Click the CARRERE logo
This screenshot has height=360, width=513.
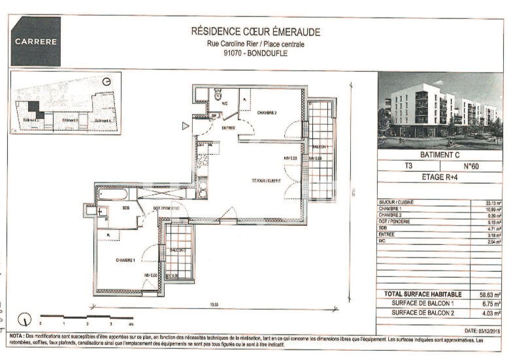(36, 41)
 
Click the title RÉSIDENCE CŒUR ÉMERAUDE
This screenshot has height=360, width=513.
(246, 31)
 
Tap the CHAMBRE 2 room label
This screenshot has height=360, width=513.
(266, 113)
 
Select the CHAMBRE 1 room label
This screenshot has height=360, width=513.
(125, 259)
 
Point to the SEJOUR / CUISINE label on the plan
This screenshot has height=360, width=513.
(267, 180)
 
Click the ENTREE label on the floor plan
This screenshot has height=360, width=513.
(228, 128)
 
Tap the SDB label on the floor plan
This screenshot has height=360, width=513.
(125, 208)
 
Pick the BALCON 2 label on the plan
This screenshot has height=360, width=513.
(178, 250)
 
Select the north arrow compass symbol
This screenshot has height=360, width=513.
(25, 320)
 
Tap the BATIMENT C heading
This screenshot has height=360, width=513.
(440, 155)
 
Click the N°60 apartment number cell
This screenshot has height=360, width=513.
(472, 167)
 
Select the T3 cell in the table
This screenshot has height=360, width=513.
(408, 167)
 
